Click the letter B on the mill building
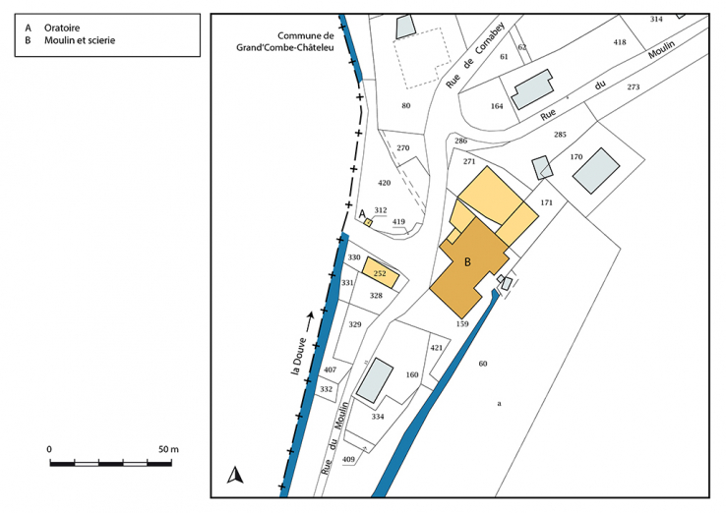468,261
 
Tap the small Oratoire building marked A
368,222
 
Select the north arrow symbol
234,477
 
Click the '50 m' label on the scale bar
168,449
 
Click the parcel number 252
380,273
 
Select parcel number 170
576,156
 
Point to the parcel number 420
384,184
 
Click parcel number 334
376,417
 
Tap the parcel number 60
483,365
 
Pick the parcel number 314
657,20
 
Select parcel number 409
348,459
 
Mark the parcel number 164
497,106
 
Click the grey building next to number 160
375,380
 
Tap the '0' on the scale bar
49,449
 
